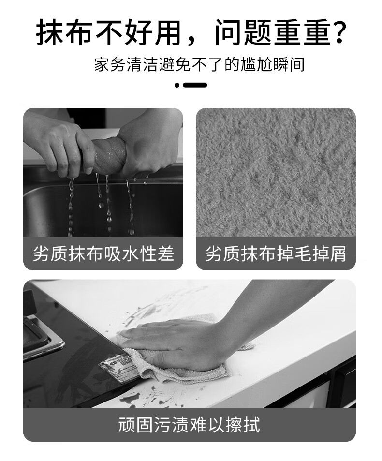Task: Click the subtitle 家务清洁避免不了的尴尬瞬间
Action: [x=199, y=64]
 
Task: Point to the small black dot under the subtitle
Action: [x=177, y=85]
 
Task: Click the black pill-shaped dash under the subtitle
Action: [x=195, y=85]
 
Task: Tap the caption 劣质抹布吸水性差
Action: [x=103, y=253]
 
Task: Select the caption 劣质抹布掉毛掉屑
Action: [x=276, y=253]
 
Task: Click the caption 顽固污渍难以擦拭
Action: [x=189, y=425]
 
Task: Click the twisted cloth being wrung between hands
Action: [x=109, y=155]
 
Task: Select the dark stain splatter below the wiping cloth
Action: [x=147, y=395]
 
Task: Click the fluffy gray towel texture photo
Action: [x=276, y=172]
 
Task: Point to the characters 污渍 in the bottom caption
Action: [x=172, y=425]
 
